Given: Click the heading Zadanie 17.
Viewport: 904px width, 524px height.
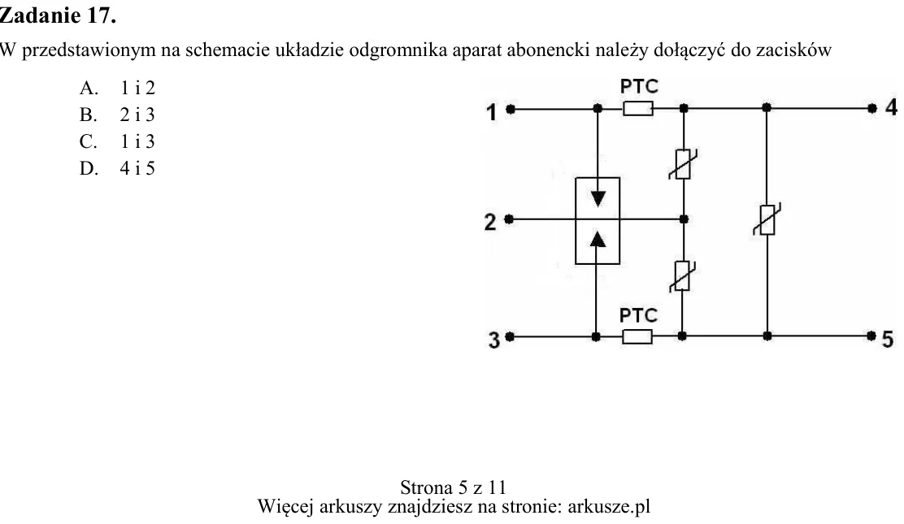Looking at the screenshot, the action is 58,15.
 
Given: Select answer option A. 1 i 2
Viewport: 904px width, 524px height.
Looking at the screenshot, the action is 117,88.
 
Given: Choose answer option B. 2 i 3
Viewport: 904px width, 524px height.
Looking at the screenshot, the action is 117,115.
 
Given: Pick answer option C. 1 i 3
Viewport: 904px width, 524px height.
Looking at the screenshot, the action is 117,141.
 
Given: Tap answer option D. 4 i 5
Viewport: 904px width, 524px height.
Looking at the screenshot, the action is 117,168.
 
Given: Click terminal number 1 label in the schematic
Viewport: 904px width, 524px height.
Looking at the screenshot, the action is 491,112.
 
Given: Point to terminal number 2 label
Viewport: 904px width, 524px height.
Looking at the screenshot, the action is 490,222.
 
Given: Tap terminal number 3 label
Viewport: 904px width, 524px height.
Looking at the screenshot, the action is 494,340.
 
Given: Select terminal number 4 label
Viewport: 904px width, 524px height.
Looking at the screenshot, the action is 891,107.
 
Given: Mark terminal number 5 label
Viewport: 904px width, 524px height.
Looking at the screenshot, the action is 888,340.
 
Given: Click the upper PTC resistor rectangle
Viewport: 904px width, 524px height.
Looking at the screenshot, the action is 638,108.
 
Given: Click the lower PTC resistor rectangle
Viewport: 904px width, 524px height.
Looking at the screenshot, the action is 637,336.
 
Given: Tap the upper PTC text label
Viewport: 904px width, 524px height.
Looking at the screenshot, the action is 639,86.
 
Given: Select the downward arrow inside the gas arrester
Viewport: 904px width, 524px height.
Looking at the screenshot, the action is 598,198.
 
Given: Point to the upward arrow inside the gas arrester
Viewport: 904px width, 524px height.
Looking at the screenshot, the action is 598,239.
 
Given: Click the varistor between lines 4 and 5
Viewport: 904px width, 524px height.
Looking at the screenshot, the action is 767,219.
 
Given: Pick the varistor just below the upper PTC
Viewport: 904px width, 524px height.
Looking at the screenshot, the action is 683,164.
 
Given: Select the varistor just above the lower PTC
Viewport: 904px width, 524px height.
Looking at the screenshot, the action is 683,276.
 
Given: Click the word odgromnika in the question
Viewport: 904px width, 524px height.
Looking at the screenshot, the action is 398,50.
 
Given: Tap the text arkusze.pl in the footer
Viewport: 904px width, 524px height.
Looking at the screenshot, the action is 609,506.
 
